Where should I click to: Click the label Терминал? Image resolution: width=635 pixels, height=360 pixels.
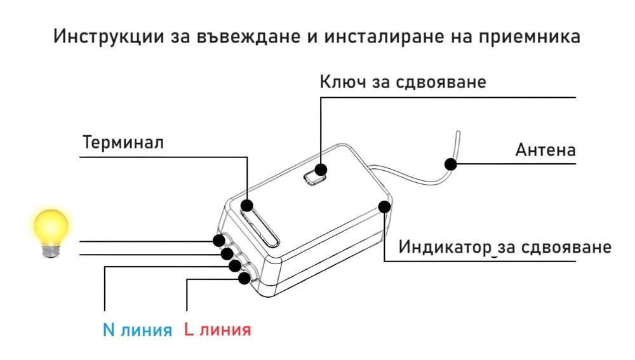[x=123, y=142]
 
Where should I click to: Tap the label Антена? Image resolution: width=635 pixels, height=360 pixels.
[x=545, y=150]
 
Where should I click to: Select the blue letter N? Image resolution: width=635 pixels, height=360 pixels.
[x=109, y=330]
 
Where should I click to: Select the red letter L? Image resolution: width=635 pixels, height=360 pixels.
[x=189, y=330]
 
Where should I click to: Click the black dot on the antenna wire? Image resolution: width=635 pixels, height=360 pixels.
[x=451, y=164]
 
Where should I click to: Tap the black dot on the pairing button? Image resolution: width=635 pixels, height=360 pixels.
[x=321, y=170]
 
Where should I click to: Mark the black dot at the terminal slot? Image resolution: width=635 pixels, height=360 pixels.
[x=247, y=205]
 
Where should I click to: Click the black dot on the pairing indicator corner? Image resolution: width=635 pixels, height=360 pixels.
[x=384, y=206]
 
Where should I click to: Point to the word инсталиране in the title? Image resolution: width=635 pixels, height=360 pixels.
[x=368, y=36]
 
